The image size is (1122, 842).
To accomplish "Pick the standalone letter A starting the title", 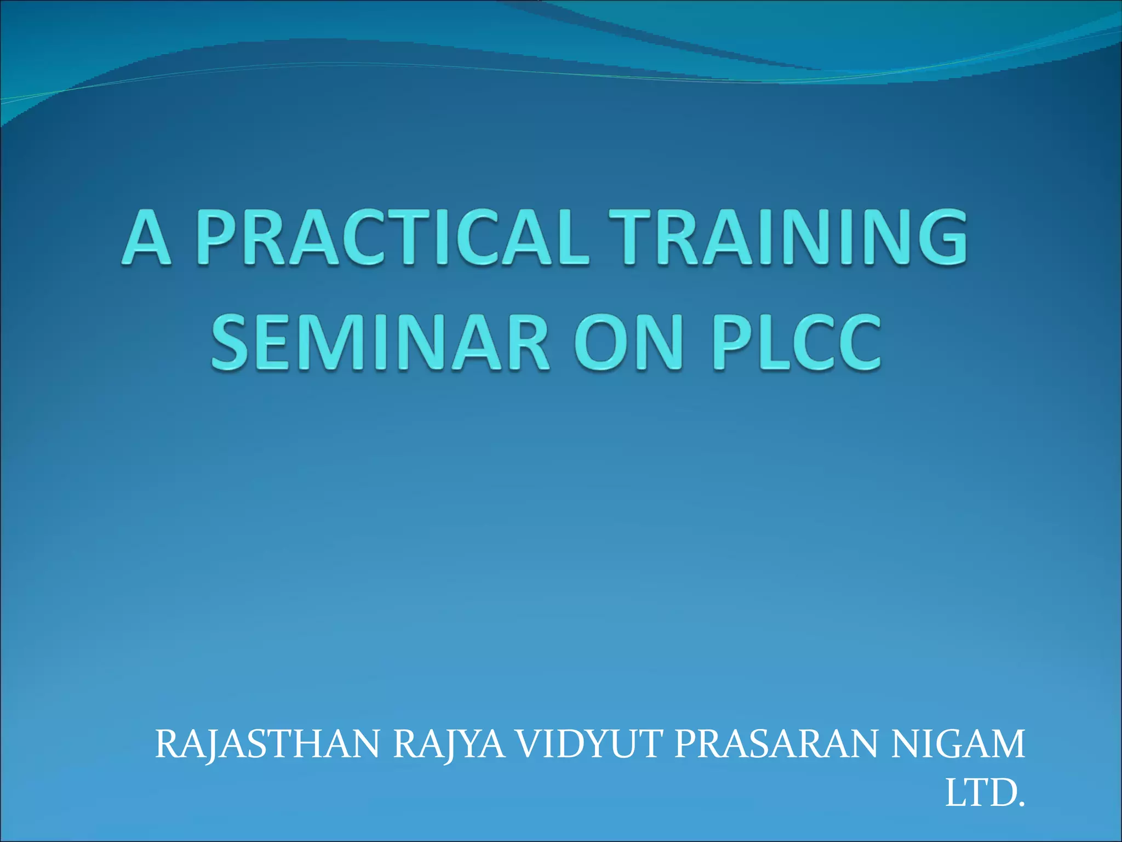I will [x=146, y=237].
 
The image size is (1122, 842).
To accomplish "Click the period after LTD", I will [x=1020, y=804].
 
